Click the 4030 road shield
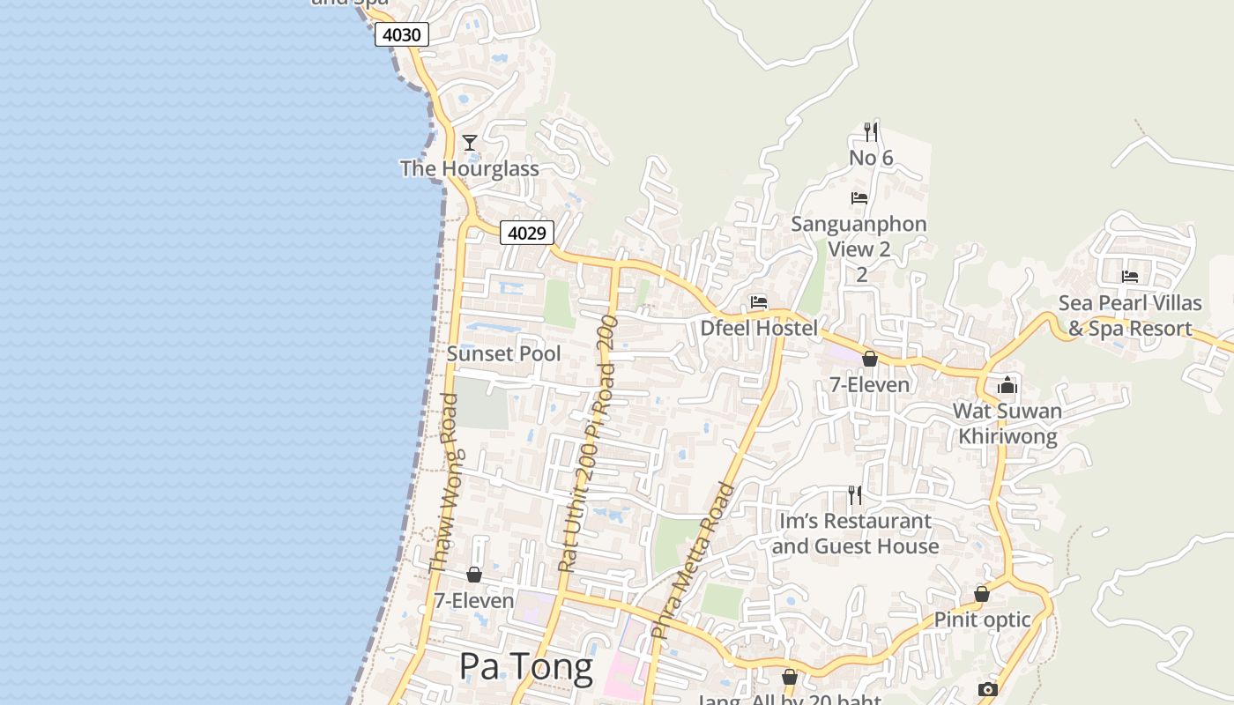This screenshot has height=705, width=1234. click(x=402, y=35)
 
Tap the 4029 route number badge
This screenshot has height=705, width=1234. click(x=527, y=233)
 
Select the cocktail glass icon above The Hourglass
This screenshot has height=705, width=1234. click(x=470, y=143)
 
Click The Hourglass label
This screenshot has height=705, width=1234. click(x=469, y=168)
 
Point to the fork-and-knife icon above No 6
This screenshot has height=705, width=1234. click(x=871, y=132)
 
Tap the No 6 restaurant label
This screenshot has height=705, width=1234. click(x=871, y=158)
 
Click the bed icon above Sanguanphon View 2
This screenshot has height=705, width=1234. click(x=859, y=198)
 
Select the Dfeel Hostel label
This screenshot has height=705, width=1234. click(x=759, y=328)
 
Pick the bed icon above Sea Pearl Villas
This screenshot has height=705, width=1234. click(x=1130, y=277)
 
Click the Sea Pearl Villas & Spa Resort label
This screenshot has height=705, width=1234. click(x=1130, y=315)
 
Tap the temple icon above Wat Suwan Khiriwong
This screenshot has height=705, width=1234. click(x=1007, y=385)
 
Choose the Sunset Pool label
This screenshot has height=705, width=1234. click(x=503, y=353)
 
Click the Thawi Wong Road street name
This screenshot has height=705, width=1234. click(x=443, y=483)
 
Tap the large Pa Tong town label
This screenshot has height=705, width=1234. click(x=525, y=666)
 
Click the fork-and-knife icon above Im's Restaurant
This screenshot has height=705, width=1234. click(x=854, y=495)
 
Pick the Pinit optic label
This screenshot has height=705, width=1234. click(x=982, y=620)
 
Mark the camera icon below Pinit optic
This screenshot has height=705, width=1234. click(x=987, y=689)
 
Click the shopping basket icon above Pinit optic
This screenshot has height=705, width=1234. click(x=982, y=594)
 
